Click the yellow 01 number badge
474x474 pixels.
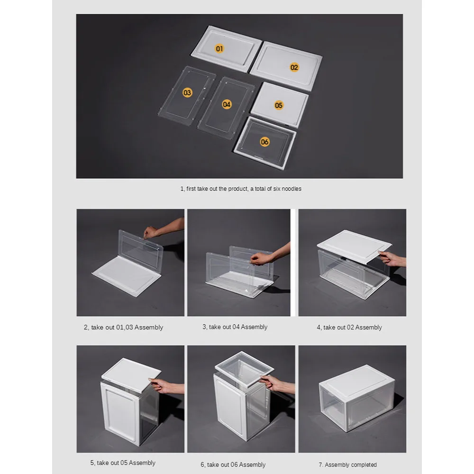[x=219, y=48]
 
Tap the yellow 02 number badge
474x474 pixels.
[x=294, y=67]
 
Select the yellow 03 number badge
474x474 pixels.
[x=187, y=92]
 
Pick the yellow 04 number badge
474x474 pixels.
[x=227, y=104]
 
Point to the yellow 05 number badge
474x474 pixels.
[x=279, y=105]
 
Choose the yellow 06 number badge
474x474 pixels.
[x=265, y=141]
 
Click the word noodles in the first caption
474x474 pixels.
[x=291, y=189]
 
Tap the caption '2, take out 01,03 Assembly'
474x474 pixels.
[x=123, y=327]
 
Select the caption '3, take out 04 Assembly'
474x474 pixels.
[x=235, y=327]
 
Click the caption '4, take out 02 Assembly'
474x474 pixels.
[x=349, y=327]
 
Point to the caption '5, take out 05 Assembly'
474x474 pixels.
[x=123, y=463]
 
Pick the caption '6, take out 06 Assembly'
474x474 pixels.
[x=233, y=465]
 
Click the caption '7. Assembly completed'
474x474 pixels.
[x=347, y=465]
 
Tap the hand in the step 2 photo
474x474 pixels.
[x=151, y=232]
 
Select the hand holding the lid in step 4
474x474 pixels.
[x=389, y=258]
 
